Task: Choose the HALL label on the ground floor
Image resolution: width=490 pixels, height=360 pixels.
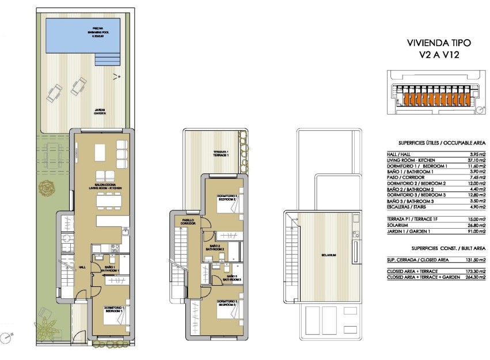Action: (x=82, y=267)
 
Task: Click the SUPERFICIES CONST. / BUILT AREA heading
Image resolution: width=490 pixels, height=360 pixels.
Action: (x=448, y=248)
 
